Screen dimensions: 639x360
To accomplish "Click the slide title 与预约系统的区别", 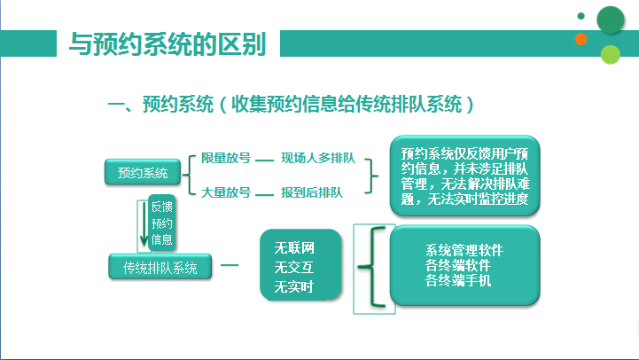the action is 168,43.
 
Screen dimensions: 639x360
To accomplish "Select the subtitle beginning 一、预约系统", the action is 291,104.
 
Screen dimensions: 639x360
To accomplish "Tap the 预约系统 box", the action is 143,172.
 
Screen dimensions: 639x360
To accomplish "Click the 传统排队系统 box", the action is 160,267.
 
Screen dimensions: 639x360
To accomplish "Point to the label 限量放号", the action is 226,158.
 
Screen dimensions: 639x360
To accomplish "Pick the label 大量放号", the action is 226,192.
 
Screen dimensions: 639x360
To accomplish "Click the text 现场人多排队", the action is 318,158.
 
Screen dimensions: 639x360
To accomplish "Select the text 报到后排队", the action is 312,192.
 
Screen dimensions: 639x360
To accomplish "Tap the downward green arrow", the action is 144,223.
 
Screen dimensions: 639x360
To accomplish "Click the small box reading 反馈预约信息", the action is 162,223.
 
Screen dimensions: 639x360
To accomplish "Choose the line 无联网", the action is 294,248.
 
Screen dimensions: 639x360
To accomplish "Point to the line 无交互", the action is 294,268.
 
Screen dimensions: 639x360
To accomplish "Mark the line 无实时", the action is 294,287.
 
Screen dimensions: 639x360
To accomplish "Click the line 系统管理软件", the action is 464,250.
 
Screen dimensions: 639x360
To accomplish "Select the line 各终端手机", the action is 458,280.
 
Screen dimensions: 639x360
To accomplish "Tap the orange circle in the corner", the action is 581,39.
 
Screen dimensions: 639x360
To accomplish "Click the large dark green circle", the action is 611,20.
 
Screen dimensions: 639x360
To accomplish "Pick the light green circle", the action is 610,55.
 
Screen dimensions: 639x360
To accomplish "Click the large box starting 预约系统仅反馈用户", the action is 465,176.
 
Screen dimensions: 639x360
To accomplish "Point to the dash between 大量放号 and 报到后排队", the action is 264,195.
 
